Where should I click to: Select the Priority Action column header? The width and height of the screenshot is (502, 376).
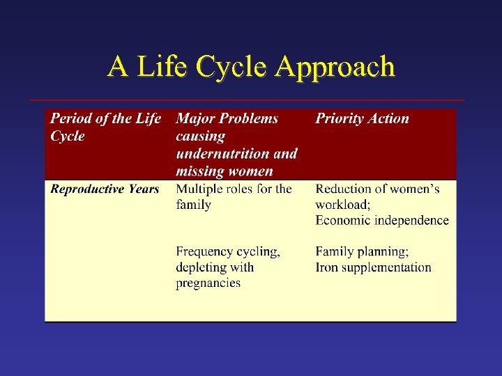[362, 118]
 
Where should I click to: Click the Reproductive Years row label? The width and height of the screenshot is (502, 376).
[105, 189]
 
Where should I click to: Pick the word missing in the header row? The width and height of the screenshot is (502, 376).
[201, 171]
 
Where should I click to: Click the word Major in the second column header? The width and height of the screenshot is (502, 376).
[197, 118]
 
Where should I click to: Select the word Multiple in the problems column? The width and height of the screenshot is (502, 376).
[200, 189]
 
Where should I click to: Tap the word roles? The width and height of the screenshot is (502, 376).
[241, 189]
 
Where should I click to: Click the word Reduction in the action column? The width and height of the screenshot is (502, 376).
[344, 189]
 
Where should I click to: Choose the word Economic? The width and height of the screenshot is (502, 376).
[344, 221]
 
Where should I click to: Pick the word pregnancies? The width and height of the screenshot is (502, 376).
[208, 283]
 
